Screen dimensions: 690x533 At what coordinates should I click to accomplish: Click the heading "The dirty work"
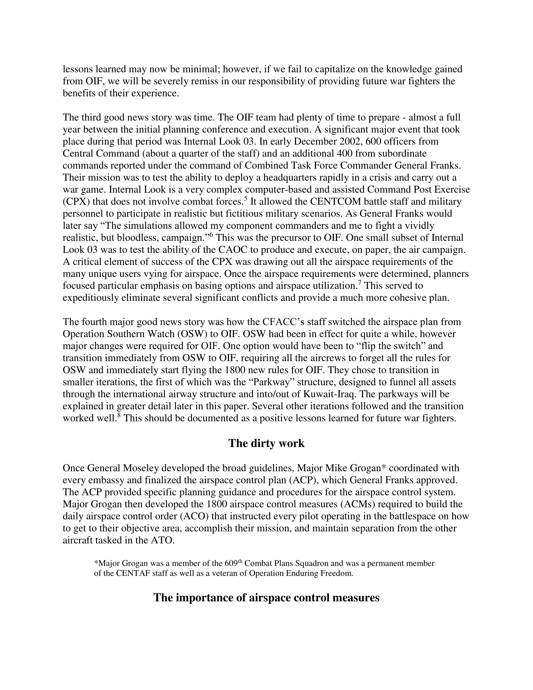pos(266,443)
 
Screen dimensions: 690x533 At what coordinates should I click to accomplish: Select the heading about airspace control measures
pos(266,598)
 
